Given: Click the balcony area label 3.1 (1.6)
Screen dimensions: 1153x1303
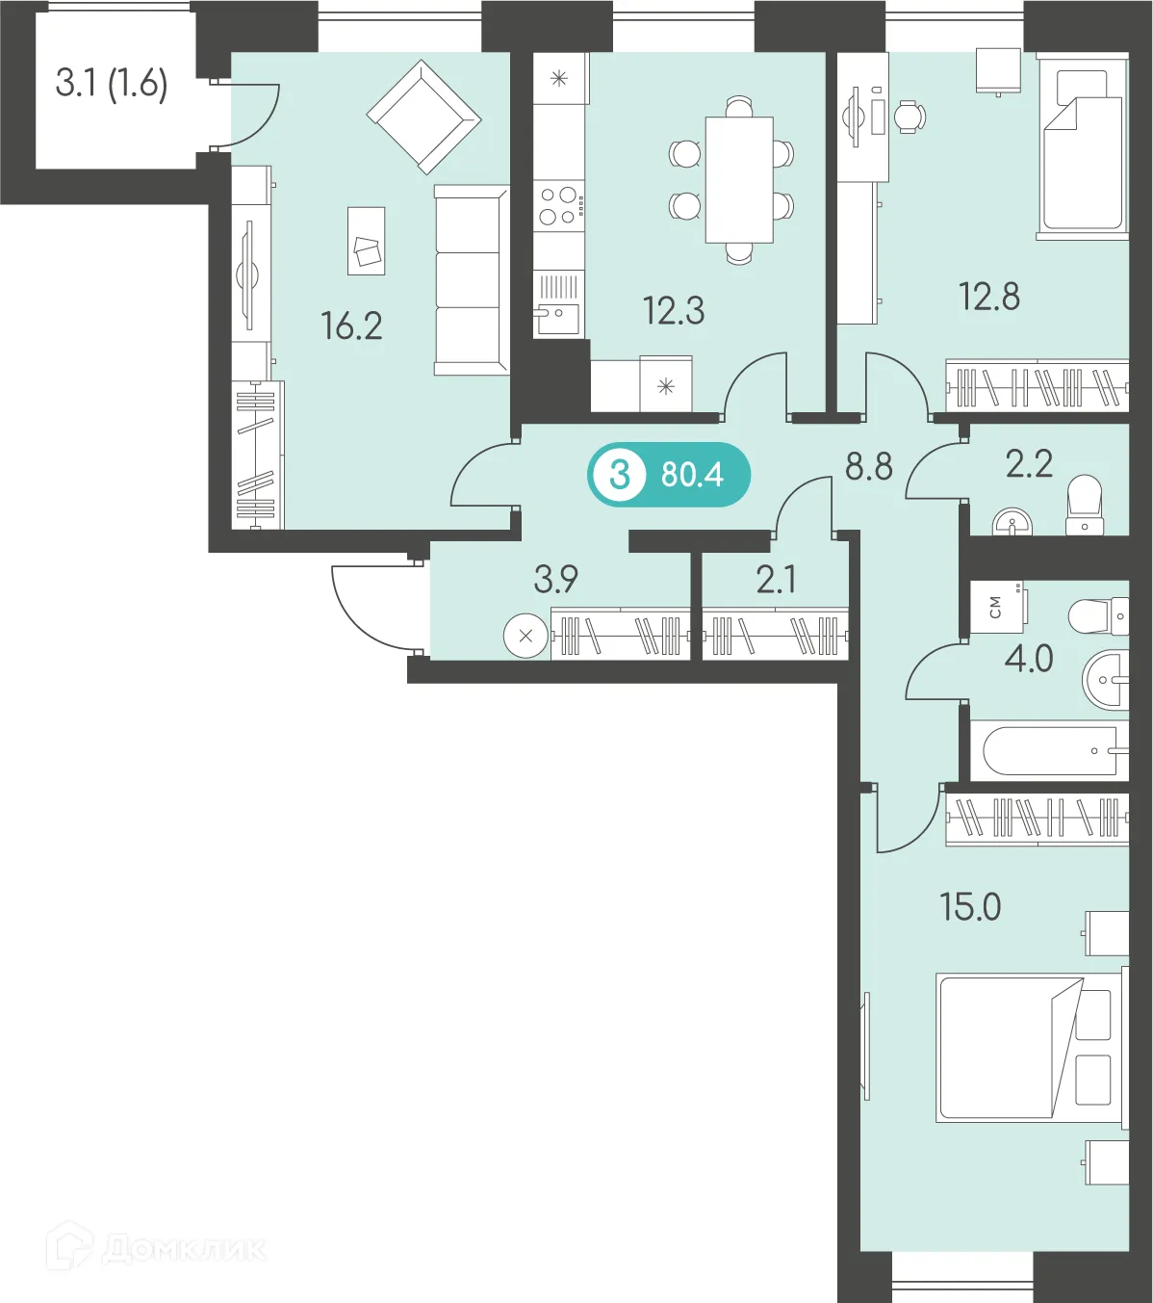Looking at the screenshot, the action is click(112, 84).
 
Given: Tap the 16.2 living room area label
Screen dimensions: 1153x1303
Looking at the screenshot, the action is click(351, 326).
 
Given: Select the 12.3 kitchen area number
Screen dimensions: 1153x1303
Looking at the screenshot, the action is click(674, 311).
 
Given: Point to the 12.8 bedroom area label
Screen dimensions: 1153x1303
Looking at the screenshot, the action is click(989, 298).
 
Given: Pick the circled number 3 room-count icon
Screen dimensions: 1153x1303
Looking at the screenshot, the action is click(620, 476).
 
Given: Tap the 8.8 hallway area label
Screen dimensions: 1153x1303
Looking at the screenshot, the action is click(869, 467).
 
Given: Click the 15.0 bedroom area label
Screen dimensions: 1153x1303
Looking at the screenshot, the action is click(970, 907).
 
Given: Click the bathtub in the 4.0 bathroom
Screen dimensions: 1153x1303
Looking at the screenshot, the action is click(1049, 750).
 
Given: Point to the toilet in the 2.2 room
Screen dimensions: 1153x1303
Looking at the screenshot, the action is click(1085, 505).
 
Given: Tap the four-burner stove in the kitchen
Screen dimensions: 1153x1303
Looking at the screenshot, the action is click(559, 206).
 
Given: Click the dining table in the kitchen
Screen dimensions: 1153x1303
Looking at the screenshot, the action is click(739, 180).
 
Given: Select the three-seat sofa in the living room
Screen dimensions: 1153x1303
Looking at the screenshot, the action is click(472, 280).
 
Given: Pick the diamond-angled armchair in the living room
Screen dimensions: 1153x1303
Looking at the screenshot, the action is click(423, 117).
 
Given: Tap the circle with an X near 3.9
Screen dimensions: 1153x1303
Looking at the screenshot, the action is click(525, 637).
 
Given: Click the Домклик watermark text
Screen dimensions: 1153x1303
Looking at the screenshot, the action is click(183, 1250).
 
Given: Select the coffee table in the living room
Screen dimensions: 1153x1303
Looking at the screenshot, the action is click(367, 241).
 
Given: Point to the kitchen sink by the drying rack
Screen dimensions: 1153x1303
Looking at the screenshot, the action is click(558, 319).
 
